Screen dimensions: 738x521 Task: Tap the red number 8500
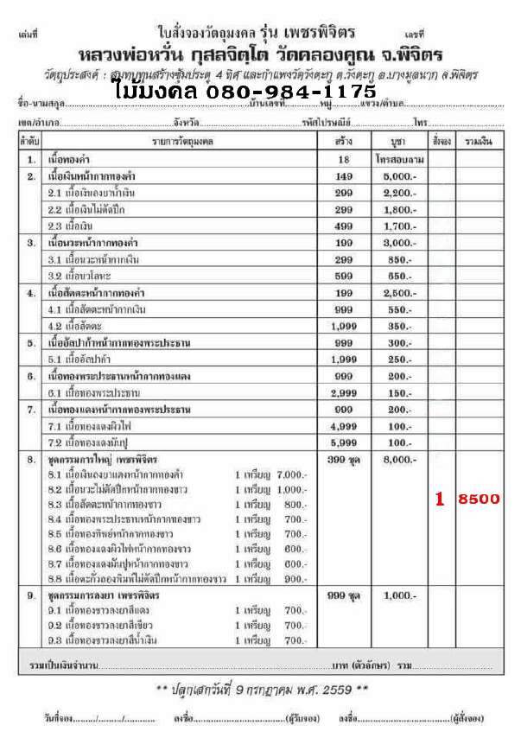480,499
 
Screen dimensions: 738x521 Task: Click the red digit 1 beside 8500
441,499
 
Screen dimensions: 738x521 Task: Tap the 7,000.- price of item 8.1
293,474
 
